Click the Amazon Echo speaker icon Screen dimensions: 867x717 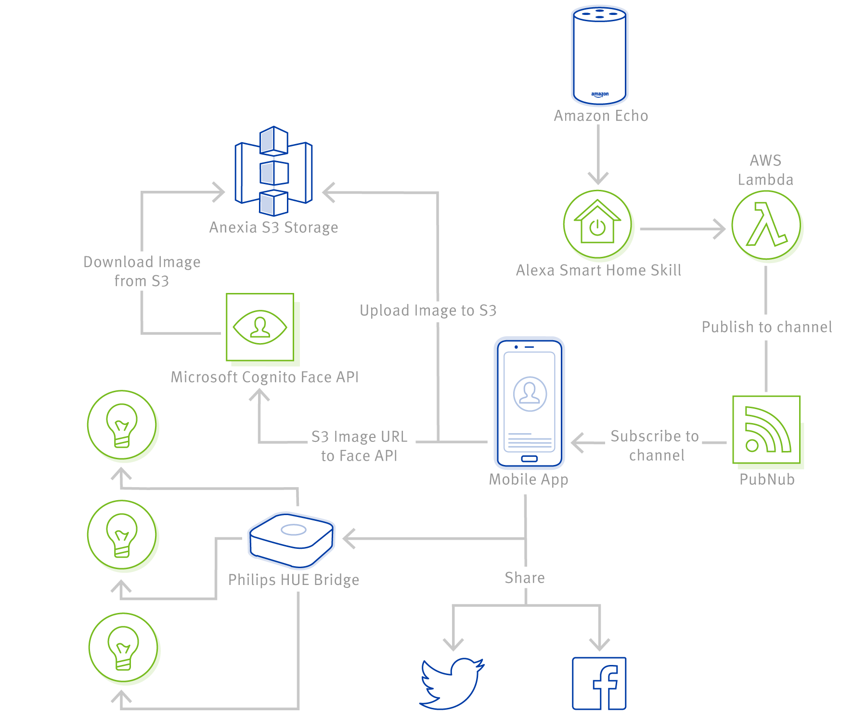(599, 55)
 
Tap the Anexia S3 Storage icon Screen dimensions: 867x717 (273, 171)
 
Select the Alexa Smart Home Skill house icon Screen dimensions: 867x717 (597, 224)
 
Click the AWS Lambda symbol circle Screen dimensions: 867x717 (766, 225)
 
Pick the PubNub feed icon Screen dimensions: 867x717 (766, 430)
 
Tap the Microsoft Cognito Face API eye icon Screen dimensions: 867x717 (260, 327)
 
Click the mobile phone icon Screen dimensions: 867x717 (530, 403)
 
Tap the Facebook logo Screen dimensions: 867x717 (599, 683)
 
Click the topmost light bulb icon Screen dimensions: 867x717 (122, 425)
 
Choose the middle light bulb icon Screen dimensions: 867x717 (122, 535)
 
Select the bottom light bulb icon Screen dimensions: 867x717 (123, 648)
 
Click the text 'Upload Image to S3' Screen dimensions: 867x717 (428, 311)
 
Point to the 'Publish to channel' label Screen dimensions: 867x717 (767, 327)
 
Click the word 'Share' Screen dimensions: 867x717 (525, 578)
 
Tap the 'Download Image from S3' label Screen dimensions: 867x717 (142, 271)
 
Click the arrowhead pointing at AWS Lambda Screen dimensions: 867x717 (720, 229)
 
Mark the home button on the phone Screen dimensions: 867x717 (530, 459)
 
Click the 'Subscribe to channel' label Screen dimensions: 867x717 (655, 446)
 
